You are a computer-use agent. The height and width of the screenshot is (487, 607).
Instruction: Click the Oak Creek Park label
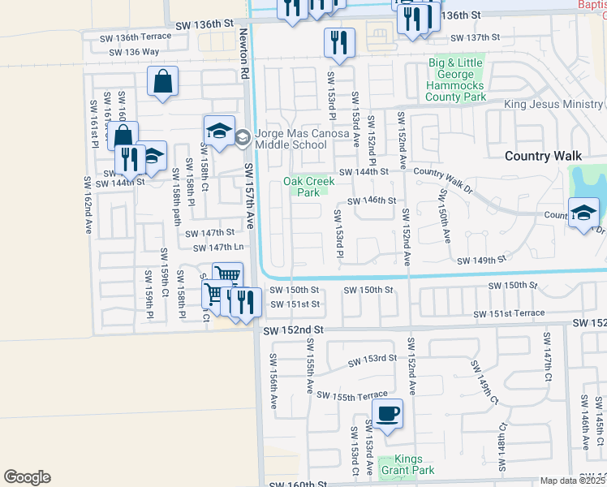(308, 187)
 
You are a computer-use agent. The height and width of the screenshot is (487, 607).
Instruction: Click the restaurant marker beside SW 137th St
(338, 43)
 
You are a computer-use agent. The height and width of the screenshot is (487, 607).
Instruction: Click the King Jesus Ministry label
(554, 105)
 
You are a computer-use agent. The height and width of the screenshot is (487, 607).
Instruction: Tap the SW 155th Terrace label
(352, 395)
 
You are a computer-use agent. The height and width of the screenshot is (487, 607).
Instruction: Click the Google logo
(27, 477)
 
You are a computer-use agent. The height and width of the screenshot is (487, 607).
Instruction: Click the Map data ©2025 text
(572, 481)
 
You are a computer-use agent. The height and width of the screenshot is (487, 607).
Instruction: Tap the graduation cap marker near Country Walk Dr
(583, 214)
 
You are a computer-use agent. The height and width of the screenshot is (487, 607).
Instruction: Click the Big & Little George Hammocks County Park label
(457, 80)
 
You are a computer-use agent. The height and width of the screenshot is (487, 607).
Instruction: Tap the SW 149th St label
(481, 261)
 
